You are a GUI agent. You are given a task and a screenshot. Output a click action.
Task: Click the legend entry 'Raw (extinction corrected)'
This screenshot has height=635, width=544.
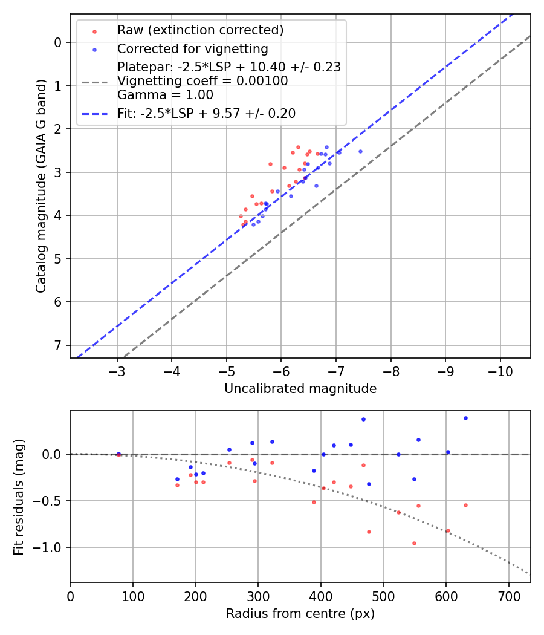200,30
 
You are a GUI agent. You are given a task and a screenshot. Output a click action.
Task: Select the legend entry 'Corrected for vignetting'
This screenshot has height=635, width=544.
192,48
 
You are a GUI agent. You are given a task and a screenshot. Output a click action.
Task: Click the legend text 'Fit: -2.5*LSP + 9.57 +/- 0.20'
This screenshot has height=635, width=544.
206,113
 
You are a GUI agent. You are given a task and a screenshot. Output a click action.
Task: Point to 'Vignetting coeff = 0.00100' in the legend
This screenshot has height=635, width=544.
202,81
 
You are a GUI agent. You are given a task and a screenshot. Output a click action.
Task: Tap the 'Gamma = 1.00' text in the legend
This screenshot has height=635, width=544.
165,94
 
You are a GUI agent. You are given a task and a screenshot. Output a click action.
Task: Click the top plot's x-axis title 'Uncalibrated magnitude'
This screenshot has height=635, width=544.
300,389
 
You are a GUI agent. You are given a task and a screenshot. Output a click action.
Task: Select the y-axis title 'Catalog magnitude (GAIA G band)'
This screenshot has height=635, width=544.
41,186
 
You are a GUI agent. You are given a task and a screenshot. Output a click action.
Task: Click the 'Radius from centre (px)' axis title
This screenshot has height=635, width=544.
300,614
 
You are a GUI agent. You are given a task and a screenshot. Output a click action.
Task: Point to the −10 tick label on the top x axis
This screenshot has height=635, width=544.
500,370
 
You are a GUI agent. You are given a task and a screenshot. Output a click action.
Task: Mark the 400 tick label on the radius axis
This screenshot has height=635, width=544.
321,595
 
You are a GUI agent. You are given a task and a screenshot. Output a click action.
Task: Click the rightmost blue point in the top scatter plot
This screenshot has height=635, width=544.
360,151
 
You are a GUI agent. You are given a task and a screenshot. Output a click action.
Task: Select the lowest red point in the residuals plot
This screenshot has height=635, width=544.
414,543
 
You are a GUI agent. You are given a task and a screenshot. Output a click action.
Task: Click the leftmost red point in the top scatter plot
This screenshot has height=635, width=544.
241,216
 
